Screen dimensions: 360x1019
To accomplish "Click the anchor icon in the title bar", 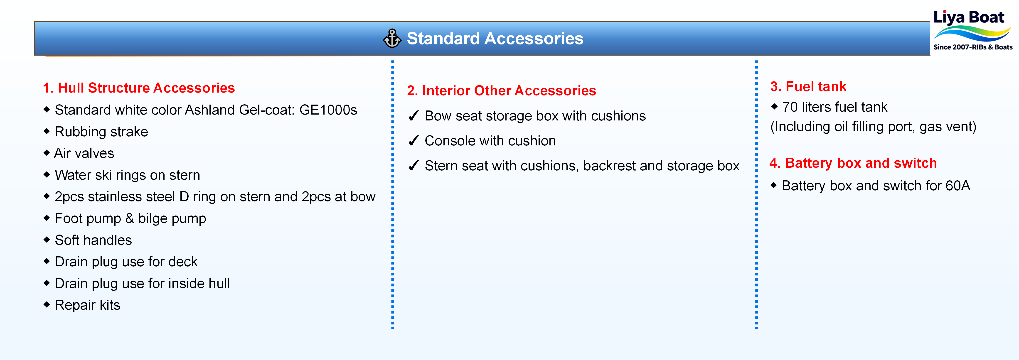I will point(392,38).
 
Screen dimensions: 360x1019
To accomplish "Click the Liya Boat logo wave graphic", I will point(972,34).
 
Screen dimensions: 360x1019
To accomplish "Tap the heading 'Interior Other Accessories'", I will point(509,91).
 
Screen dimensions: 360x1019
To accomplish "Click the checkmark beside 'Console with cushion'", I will point(413,141).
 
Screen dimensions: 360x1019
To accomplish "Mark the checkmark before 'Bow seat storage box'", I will point(413,116).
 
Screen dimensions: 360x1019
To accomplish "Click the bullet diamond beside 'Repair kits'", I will point(47,305).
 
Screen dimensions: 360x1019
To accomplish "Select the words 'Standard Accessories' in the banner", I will point(495,38).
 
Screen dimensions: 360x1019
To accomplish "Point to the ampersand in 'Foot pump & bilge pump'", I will point(129,218).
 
